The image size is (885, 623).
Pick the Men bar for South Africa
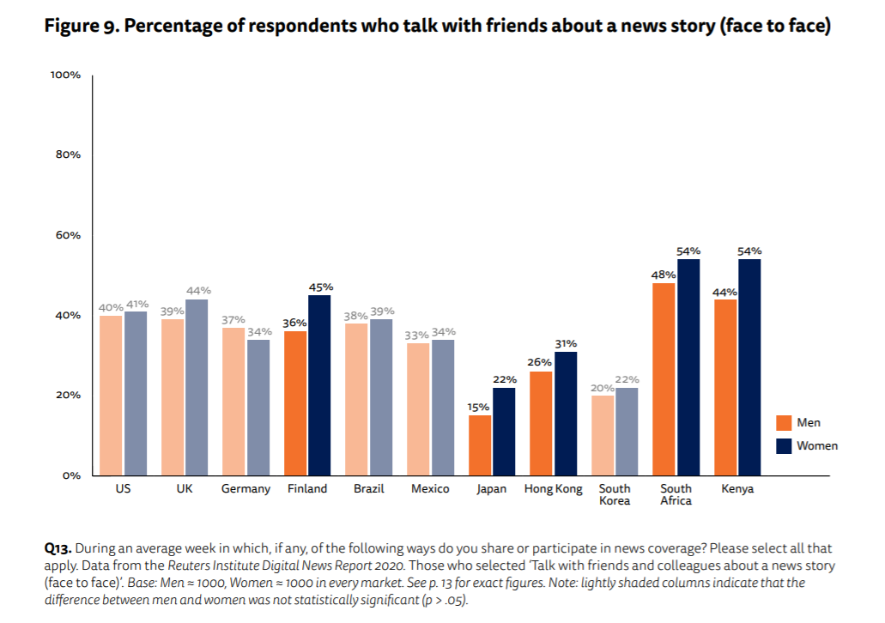[664, 378]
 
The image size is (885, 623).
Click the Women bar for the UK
[196, 386]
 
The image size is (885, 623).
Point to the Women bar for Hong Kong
[566, 413]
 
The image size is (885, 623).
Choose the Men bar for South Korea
[603, 434]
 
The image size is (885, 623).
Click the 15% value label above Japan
[479, 407]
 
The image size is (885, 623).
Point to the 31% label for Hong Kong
[566, 343]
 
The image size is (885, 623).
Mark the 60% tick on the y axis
[67, 235]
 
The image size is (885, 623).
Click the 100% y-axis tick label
[65, 76]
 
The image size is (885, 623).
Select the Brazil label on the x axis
[368, 489]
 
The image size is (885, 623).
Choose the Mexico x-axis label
[430, 489]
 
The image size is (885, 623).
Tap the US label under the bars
[123, 489]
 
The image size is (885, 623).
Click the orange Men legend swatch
[783, 423]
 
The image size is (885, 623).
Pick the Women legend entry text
[817, 445]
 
